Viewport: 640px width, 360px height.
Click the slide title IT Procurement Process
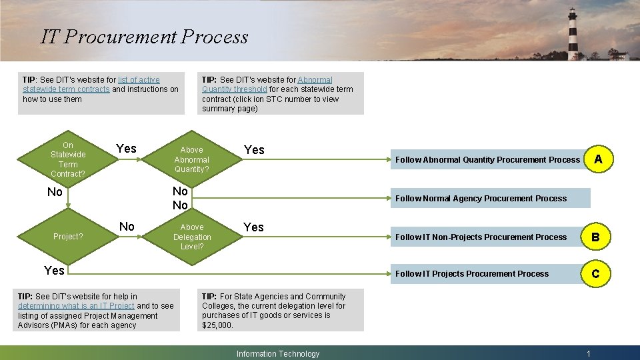tap(144, 37)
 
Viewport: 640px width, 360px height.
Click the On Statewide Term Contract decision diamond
tap(68, 159)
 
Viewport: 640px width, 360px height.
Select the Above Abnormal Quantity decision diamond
tap(192, 159)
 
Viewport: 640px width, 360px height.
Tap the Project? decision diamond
tap(68, 236)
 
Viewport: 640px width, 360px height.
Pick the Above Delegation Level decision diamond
tap(192, 237)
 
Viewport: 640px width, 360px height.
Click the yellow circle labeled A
tap(598, 159)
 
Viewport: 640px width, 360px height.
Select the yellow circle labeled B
tap(595, 237)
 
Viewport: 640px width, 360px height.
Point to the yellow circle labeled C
tap(595, 273)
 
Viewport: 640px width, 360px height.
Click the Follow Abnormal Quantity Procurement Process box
tap(487, 159)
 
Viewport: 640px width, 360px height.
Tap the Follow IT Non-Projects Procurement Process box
tap(481, 237)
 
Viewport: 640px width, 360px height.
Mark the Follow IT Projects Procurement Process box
tap(472, 273)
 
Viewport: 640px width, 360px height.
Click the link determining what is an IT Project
tap(76, 306)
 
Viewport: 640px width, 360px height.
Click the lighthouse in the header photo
tap(572, 33)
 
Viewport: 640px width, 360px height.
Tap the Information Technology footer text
tap(278, 354)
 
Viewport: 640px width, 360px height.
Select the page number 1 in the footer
tap(588, 354)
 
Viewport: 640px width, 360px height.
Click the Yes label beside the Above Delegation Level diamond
tap(253, 227)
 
